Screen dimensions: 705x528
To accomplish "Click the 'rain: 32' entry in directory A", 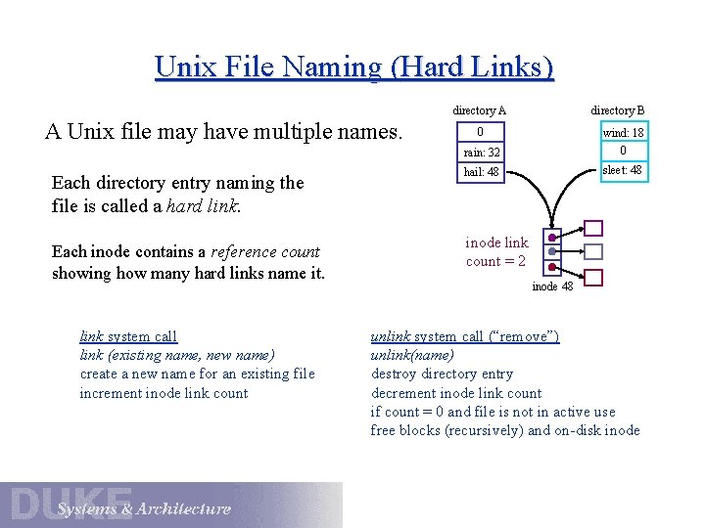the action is click(481, 153).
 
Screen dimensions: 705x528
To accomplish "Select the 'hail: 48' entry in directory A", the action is click(481, 172).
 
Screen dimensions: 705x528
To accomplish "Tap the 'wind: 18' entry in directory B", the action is click(623, 132).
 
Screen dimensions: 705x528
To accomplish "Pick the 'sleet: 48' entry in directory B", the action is click(623, 170).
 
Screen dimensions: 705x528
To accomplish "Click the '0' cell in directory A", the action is click(480, 132).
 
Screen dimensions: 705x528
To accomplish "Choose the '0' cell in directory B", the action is click(623, 151).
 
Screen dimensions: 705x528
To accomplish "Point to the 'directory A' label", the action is click(479, 110).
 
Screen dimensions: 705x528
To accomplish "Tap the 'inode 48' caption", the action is click(552, 286).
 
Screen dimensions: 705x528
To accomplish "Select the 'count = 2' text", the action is click(495, 261).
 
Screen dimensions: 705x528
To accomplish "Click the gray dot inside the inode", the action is click(553, 252).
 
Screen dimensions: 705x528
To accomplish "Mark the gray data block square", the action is click(593, 252).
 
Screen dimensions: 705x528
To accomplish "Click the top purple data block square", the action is click(593, 228).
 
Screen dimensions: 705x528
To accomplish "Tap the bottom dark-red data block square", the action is click(593, 278).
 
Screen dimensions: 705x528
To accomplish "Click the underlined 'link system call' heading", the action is click(128, 336).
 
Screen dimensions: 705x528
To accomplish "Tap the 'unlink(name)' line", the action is click(412, 355).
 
